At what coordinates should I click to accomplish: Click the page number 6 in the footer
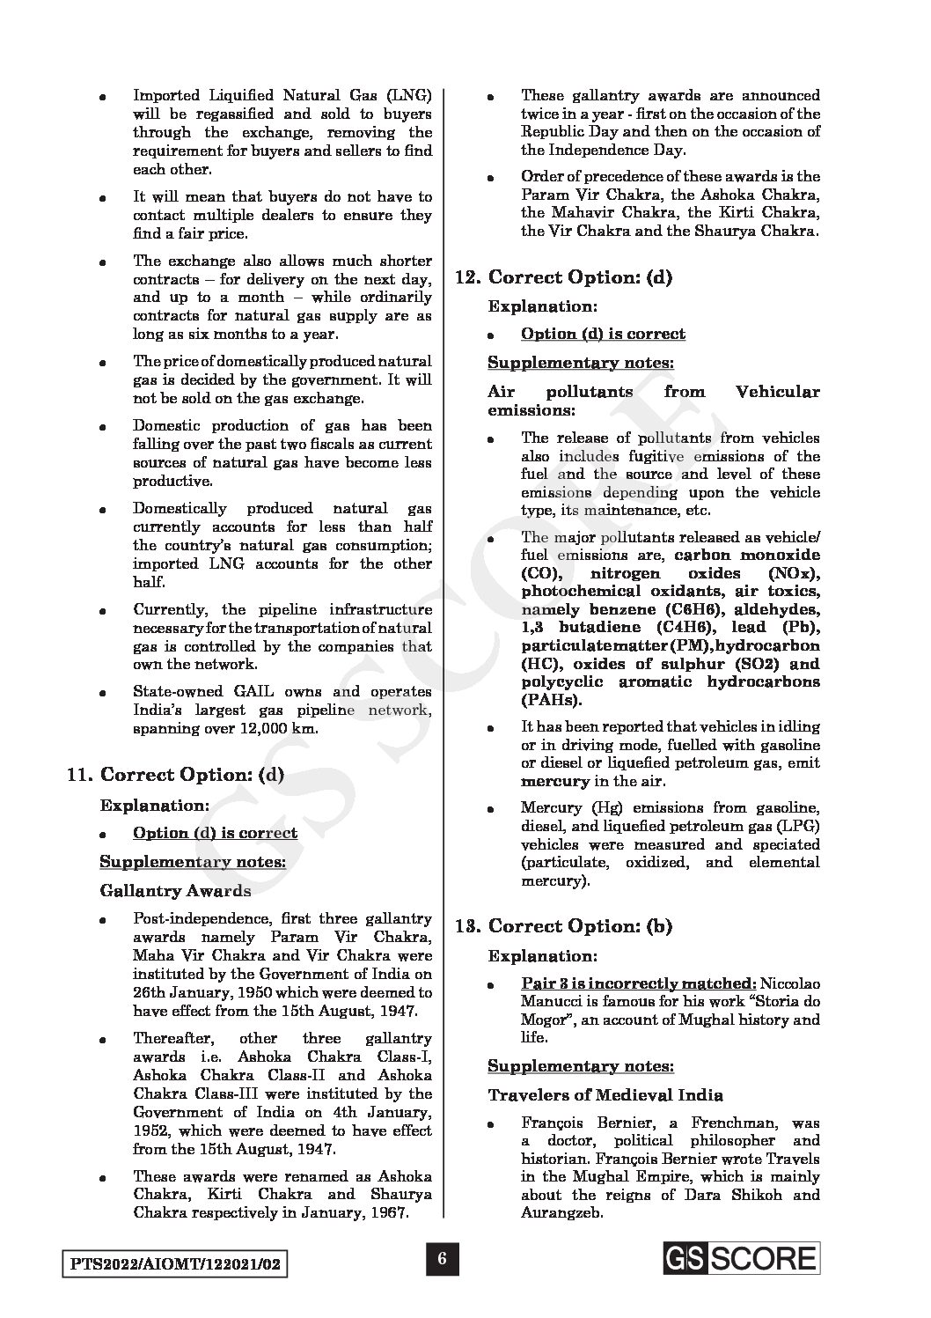tap(443, 1260)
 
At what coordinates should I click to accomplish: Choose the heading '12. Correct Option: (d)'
tap(564, 277)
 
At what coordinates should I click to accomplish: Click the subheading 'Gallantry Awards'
tap(175, 890)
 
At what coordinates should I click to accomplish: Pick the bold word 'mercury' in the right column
tap(554, 781)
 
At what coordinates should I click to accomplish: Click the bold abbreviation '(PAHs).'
tap(551, 700)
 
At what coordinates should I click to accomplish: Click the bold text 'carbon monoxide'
tap(747, 555)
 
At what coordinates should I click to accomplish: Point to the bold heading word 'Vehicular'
tap(777, 392)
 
